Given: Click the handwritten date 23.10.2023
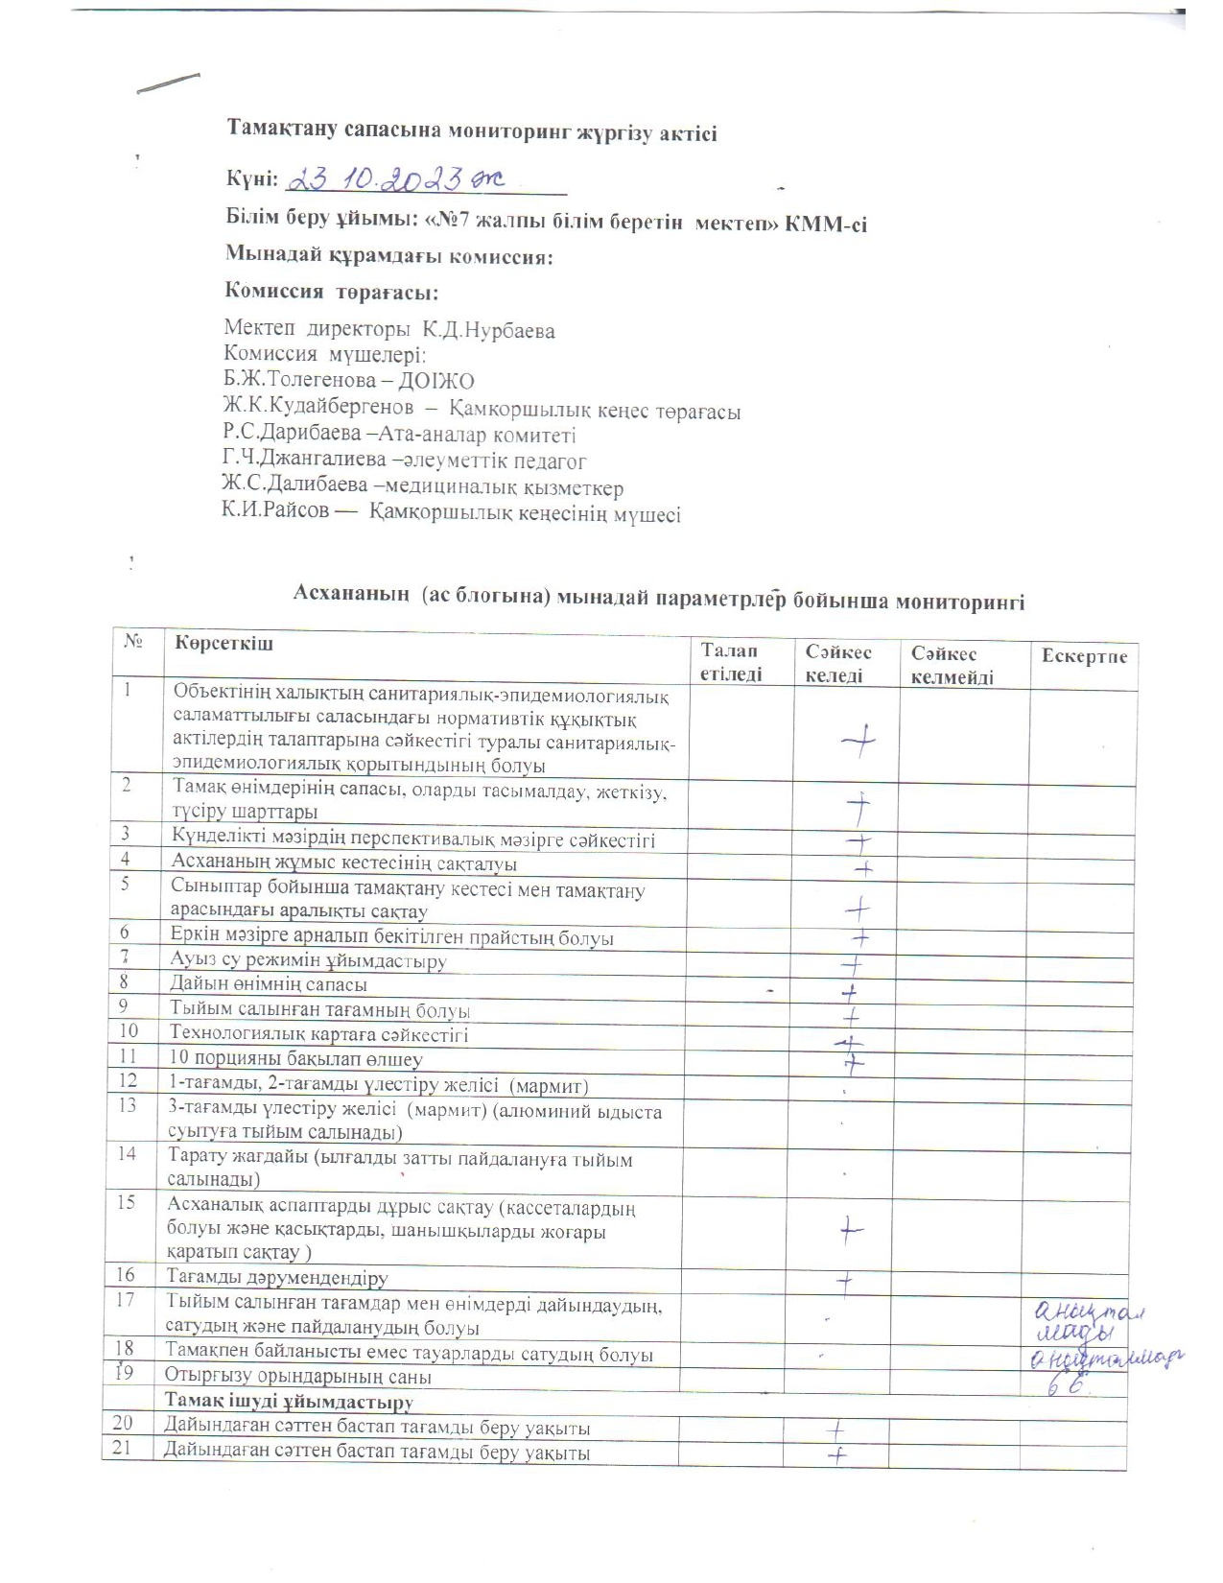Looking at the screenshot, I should (397, 178).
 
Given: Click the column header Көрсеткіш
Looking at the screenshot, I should (223, 643).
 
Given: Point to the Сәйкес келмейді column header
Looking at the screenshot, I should (952, 666).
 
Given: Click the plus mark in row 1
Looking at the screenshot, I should (858, 741).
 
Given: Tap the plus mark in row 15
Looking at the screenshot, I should (851, 1229).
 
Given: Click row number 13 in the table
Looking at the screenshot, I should (128, 1105).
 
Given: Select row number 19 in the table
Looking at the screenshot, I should (125, 1374).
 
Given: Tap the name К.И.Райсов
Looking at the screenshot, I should (276, 511).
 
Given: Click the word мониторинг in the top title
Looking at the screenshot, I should (419, 133).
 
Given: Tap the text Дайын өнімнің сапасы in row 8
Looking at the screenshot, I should (269, 984).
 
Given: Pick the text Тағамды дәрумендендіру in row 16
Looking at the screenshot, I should (277, 1278).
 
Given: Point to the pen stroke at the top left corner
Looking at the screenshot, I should (169, 83).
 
